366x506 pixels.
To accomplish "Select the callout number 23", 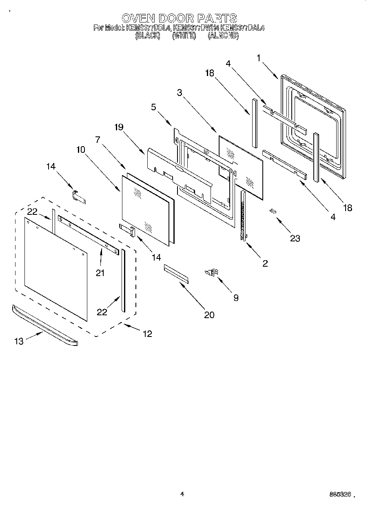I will pyautogui.click(x=295, y=239).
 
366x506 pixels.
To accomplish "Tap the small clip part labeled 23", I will pyautogui.click(x=272, y=211).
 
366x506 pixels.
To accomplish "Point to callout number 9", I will pyautogui.click(x=236, y=298).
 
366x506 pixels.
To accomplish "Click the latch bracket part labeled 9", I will pyautogui.click(x=212, y=272).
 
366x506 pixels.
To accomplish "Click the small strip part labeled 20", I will pyautogui.click(x=177, y=273).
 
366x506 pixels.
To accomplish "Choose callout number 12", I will pyautogui.click(x=147, y=334).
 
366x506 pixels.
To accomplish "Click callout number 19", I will pyautogui.click(x=119, y=127).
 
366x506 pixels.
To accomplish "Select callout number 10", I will pyautogui.click(x=80, y=149).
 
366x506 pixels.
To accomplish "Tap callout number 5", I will pyautogui.click(x=153, y=107).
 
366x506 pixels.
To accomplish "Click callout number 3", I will pyautogui.click(x=179, y=92).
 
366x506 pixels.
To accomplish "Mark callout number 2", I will pyautogui.click(x=265, y=264).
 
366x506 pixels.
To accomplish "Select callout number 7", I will pyautogui.click(x=98, y=139).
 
